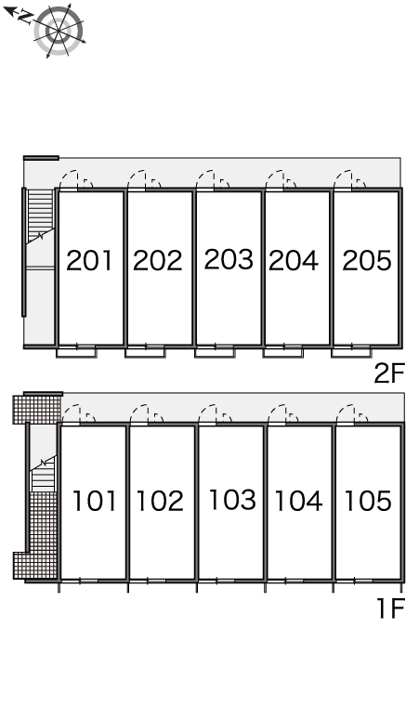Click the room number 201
[89, 260]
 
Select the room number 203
[229, 259]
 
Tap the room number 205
[367, 260]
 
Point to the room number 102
[160, 501]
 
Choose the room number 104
[298, 501]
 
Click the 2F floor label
[389, 373]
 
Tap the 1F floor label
[390, 608]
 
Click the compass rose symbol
[59, 31]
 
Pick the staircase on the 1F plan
[43, 474]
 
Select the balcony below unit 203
[215, 352]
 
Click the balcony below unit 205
[351, 352]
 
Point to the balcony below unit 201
[76, 352]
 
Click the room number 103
[232, 500]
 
